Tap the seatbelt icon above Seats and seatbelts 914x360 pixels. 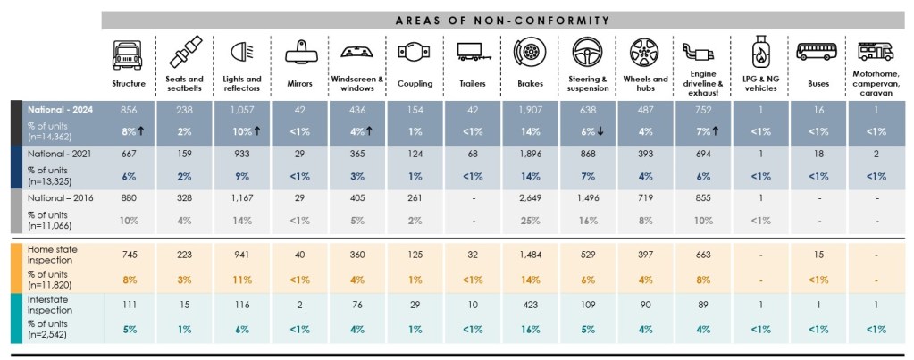(x=185, y=53)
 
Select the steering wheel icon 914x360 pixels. (x=584, y=53)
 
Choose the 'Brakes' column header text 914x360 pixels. (x=529, y=83)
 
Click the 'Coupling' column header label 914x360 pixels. (x=415, y=83)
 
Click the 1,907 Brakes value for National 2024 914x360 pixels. (x=529, y=108)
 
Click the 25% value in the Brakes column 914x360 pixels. (x=529, y=221)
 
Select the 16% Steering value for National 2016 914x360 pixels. (x=585, y=221)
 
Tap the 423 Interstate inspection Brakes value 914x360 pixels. (x=529, y=306)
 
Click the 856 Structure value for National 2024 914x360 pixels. (x=129, y=108)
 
